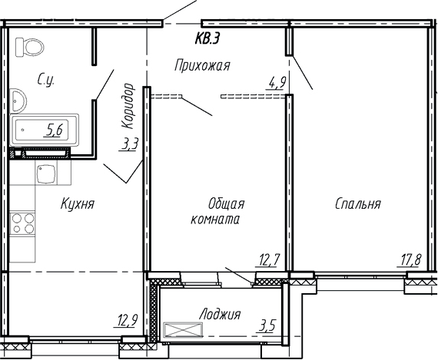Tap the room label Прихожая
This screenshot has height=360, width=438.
tap(202, 65)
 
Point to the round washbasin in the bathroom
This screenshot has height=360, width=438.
tap(18, 100)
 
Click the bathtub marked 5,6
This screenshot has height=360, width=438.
tap(44, 130)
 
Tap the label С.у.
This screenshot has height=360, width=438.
tap(45, 77)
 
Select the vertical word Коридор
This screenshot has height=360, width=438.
tap(129, 106)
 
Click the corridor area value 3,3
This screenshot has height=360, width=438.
tap(131, 144)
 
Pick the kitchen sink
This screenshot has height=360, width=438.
tap(47, 173)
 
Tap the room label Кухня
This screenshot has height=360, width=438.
tap(77, 204)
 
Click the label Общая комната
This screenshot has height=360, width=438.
tap(221, 211)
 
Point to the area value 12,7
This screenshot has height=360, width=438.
tap(268, 259)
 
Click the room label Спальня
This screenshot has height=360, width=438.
tap(357, 204)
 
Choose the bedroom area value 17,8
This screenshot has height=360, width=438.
tap(411, 259)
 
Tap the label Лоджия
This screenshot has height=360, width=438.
tap(219, 314)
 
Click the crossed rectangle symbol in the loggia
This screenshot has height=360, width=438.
tap(184, 330)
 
